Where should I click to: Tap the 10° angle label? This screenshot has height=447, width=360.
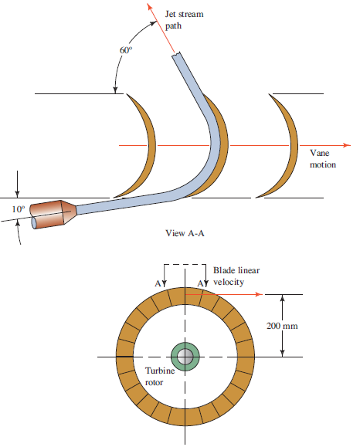pyautogui.click(x=18, y=209)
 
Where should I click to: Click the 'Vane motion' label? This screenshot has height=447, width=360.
pyautogui.click(x=323, y=159)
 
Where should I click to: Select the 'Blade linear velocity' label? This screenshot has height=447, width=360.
pyautogui.click(x=236, y=276)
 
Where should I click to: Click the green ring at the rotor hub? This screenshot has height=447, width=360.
pyautogui.click(x=185, y=357)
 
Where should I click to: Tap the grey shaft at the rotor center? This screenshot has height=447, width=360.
pyautogui.click(x=185, y=357)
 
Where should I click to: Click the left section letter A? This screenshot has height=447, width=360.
pyautogui.click(x=158, y=283)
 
